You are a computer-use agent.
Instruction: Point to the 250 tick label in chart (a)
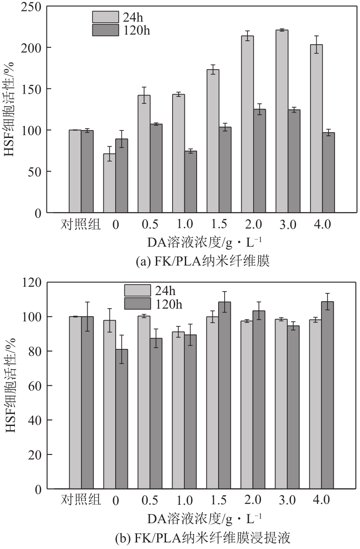click(32, 6)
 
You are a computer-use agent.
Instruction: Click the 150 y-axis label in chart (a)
click(32, 89)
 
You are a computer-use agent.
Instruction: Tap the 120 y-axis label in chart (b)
click(32, 282)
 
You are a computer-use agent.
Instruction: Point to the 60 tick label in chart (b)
click(35, 386)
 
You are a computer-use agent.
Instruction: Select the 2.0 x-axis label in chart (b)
click(253, 500)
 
